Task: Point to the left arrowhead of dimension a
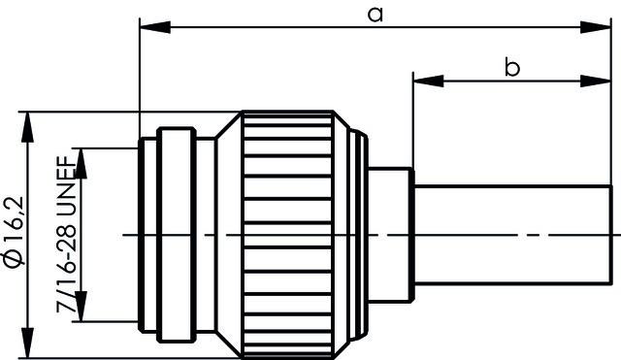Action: click(x=148, y=27)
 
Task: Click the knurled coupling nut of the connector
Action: click(x=291, y=233)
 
